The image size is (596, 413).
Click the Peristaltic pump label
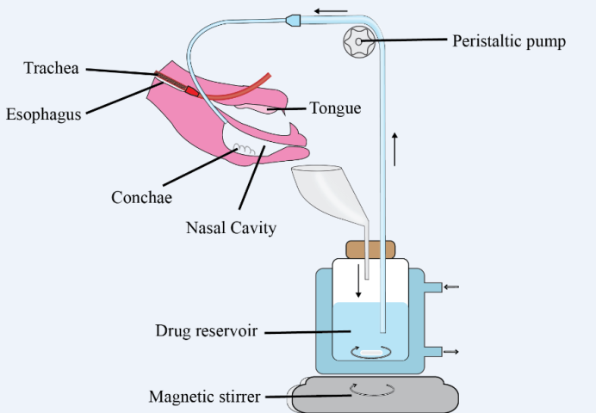click(x=509, y=41)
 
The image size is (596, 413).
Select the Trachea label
click(x=52, y=68)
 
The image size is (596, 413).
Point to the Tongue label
click(x=335, y=108)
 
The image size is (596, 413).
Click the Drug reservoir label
click(x=208, y=330)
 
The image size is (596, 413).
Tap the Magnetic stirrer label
click(x=204, y=397)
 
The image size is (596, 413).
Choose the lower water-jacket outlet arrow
click(x=450, y=351)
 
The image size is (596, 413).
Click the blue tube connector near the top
click(x=293, y=18)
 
